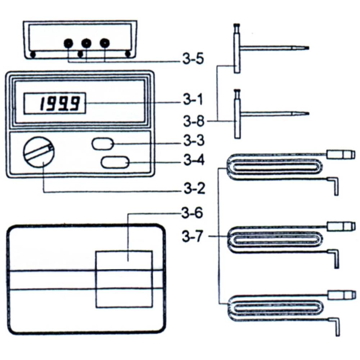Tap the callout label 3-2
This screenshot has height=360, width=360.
coord(193,188)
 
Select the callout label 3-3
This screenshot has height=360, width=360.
coord(194,141)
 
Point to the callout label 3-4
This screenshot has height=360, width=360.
coord(194,161)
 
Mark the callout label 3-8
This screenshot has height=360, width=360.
coord(194,122)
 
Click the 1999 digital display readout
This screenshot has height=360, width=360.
coord(55,104)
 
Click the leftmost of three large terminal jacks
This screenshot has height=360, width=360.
coord(68,44)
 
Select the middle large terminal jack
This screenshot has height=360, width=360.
coord(86,44)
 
